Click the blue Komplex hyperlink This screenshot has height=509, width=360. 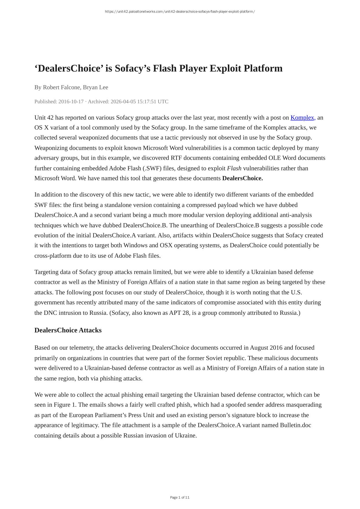pos(303,118)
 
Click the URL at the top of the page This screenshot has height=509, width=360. pos(180,12)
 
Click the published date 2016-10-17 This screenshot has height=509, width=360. pos(71,101)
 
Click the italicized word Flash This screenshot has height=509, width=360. pos(234,168)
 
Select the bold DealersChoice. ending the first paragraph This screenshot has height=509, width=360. pos(242,178)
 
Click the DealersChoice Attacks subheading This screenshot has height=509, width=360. pos(68,330)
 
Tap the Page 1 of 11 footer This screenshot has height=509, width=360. pos(180,497)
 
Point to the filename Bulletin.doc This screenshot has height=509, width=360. pos(295,425)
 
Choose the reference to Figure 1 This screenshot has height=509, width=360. pos(64,405)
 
